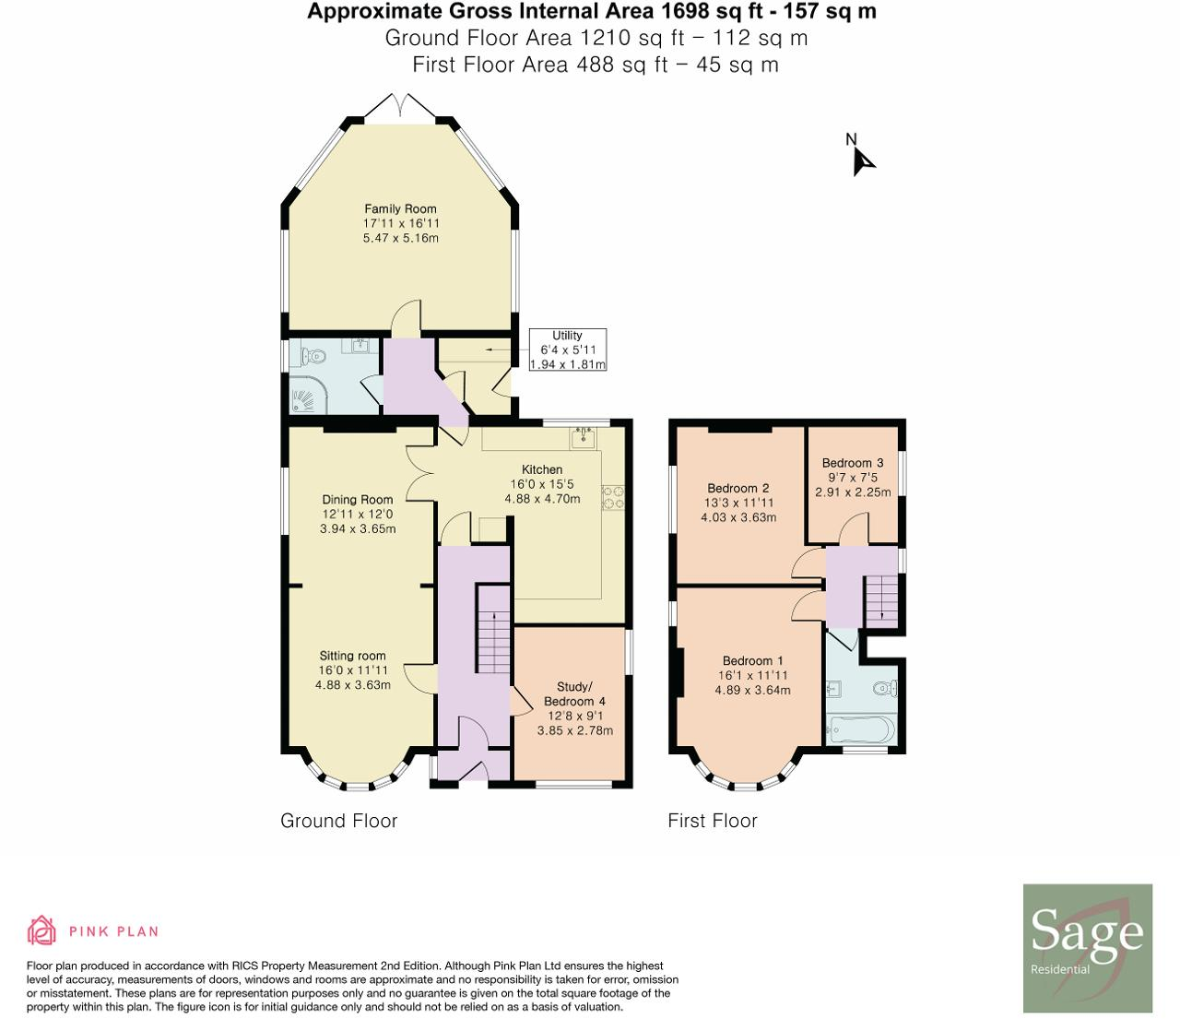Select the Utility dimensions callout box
567,350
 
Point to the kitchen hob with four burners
612,498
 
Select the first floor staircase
880,598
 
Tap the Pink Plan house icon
41,931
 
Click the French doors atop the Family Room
400,106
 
